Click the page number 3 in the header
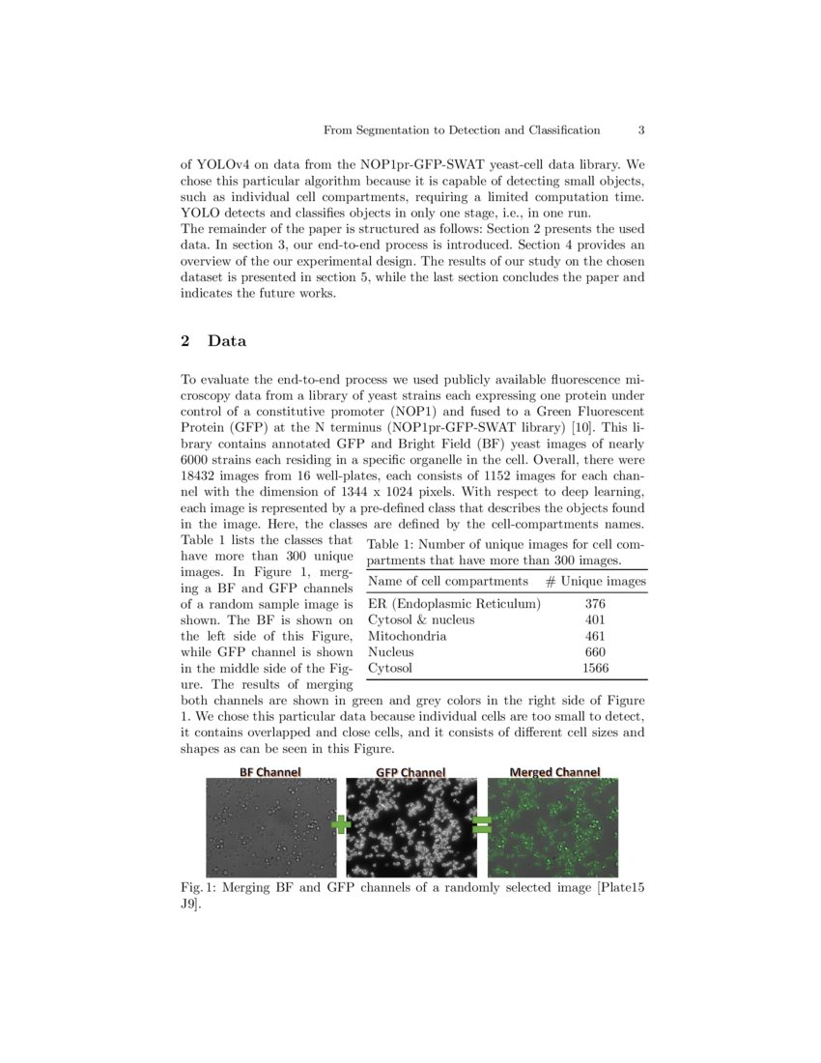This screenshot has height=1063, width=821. coord(641,129)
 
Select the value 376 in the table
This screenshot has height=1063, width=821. coord(595,603)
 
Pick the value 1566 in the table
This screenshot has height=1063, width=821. coord(595,668)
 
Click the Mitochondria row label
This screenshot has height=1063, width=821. coord(408,636)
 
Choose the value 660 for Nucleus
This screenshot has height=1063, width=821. coord(595,652)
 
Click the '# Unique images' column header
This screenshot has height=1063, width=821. coord(595,581)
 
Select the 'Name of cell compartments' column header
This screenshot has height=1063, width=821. coord(448,581)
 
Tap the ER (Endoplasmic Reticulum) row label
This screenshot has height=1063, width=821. coord(454,603)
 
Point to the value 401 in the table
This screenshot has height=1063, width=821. coord(595,619)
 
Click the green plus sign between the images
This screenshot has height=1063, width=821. coord(341,824)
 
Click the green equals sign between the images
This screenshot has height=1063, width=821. coord(481,824)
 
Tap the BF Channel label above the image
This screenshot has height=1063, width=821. coord(270,771)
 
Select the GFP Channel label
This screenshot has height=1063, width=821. coord(410,772)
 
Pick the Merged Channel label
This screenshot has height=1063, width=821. coord(554,771)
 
